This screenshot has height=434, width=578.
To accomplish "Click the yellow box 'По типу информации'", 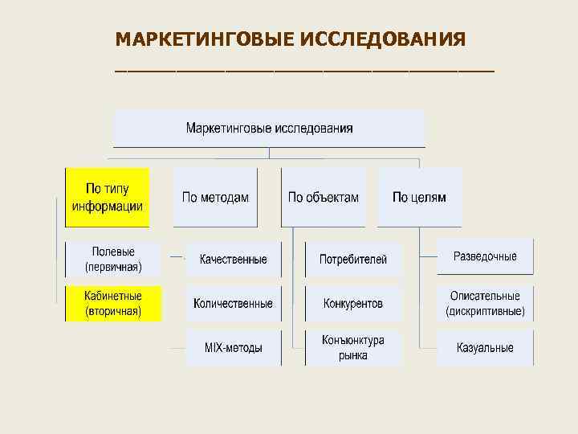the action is [108, 197].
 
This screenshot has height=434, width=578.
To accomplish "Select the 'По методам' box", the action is [215, 197].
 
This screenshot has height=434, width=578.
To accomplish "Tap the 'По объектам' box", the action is [324, 197].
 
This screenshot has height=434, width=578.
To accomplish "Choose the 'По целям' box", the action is [420, 197].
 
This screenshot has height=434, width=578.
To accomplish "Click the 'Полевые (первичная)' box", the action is [113, 259].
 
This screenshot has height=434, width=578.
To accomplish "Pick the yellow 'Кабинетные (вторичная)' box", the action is [113, 303].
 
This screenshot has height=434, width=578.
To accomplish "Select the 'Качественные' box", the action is [234, 259].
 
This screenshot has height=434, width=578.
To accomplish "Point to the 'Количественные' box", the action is [234, 303].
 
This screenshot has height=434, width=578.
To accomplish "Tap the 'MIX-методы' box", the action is [234, 347].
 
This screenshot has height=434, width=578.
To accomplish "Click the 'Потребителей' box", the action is [353, 259].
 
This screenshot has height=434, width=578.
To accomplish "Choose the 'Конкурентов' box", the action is [353, 303].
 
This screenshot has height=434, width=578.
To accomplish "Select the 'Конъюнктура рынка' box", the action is [353, 347].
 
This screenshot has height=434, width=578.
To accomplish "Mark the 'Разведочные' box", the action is [485, 257].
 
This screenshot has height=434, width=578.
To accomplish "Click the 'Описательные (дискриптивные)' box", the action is [485, 303].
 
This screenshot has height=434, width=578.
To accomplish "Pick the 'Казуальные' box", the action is [485, 347].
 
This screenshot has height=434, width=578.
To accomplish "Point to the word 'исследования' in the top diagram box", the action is [314, 128].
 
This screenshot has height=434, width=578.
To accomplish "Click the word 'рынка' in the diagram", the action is [353, 354].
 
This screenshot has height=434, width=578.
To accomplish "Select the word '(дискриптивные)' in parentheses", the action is [485, 310].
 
